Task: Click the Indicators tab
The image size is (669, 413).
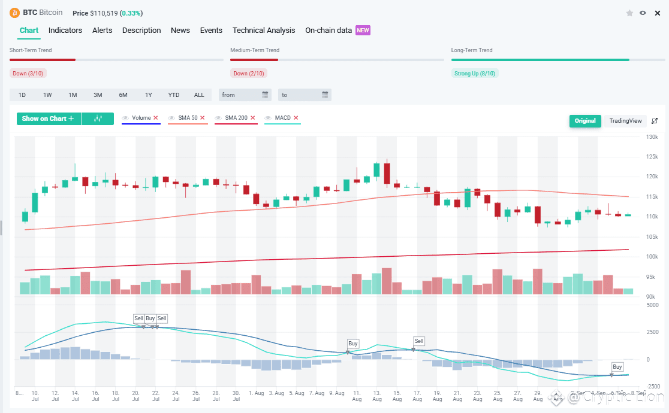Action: tap(65, 31)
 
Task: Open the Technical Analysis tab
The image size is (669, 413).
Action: tap(264, 31)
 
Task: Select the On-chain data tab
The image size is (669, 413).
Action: tap(329, 31)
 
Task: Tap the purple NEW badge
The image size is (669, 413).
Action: tap(363, 31)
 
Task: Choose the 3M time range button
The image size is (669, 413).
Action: tap(98, 95)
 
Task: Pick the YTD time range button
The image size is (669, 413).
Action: tap(174, 95)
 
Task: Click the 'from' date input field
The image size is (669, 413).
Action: tap(245, 95)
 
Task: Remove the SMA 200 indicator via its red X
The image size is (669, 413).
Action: tap(253, 118)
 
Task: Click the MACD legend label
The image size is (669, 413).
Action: tap(282, 118)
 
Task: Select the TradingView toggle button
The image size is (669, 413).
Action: tap(625, 121)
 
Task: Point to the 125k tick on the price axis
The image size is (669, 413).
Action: tap(652, 157)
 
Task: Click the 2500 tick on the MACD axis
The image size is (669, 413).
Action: tap(652, 332)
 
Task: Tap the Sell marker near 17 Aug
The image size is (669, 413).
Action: tap(419, 341)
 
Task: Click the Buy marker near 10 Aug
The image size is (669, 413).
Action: tap(353, 344)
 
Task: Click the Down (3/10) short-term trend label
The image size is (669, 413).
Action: tap(28, 74)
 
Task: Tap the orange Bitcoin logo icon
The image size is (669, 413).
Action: tap(14, 13)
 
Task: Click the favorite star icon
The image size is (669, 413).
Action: tap(629, 13)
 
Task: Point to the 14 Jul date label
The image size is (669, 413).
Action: tap(75, 396)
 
